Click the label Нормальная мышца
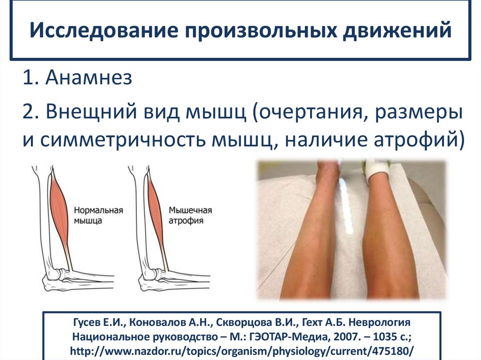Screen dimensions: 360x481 pos(97,215)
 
